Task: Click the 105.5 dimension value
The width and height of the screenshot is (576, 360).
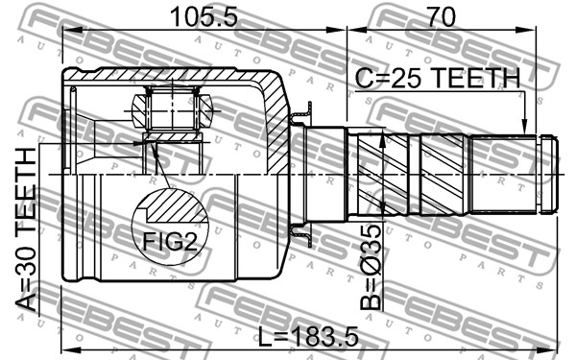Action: (204, 17)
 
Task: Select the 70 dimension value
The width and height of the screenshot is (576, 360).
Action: (441, 16)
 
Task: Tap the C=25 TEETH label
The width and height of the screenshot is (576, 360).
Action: (438, 78)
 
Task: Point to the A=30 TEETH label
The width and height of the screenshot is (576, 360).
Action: (27, 229)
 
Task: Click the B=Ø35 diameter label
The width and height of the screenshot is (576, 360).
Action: (371, 267)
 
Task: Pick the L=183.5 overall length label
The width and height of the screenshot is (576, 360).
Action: (308, 337)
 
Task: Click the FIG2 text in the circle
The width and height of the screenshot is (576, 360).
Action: (170, 241)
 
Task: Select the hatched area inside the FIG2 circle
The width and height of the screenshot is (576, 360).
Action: (173, 208)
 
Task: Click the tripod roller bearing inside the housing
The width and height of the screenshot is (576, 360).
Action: (172, 109)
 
